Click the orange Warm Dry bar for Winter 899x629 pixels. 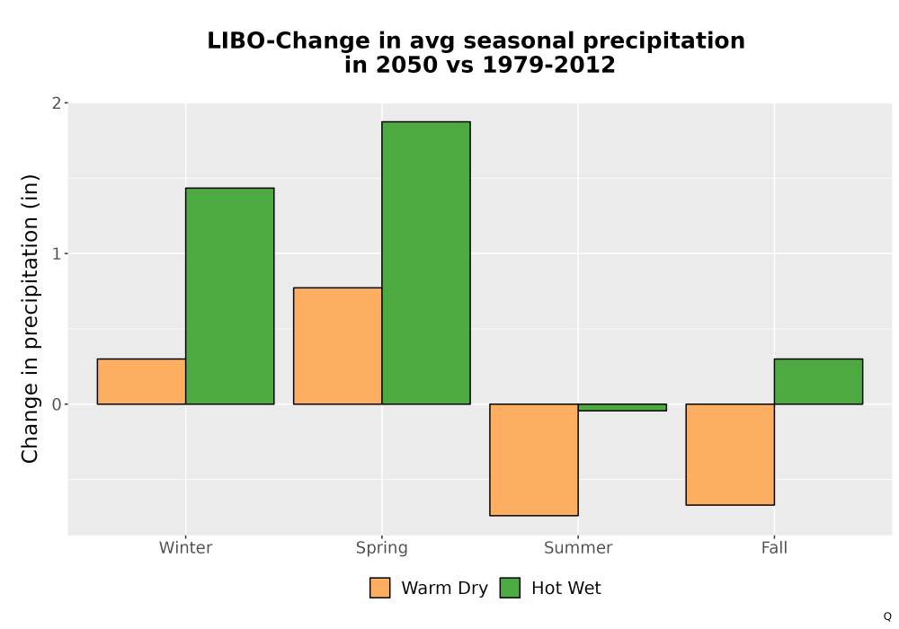coord(141,382)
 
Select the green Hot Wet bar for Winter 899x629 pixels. coord(230,297)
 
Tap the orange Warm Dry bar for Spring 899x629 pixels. coord(338,346)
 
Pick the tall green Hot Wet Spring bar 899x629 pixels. coord(426,263)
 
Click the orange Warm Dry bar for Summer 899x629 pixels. coord(534,460)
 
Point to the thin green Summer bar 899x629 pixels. coord(622,407)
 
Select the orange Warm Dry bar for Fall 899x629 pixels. coord(730,455)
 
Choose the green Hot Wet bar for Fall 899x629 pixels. coord(818,382)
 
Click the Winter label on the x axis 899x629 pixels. coord(186,547)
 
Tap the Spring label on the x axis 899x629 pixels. coord(382,548)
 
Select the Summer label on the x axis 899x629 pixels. coord(578,547)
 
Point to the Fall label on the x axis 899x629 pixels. coord(775,547)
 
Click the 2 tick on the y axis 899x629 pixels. coord(56,103)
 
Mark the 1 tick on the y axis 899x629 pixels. coord(56,253)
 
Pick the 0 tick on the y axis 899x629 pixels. coord(56,404)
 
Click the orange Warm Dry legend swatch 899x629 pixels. coord(379,588)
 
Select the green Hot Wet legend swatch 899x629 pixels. coord(510,588)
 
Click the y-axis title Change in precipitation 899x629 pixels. coord(30,318)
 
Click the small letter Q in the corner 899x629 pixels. coord(887,616)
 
